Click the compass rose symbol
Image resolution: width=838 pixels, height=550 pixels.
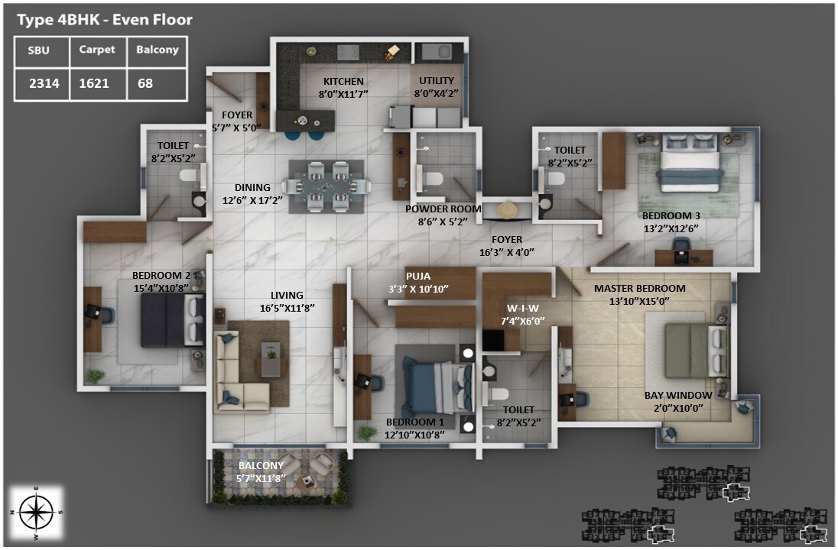pyautogui.click(x=36, y=510)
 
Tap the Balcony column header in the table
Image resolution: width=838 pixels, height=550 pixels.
pyautogui.click(x=157, y=50)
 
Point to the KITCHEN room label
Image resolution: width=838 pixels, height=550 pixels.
pyautogui.click(x=343, y=81)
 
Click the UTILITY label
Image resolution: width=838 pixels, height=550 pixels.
pyautogui.click(x=436, y=80)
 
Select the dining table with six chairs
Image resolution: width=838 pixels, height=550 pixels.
pyautogui.click(x=325, y=184)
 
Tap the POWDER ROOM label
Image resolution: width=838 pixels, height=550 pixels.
pyautogui.click(x=443, y=209)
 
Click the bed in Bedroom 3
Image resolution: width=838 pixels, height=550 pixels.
pyautogui.click(x=691, y=163)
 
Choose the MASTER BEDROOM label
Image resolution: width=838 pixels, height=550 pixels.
pyautogui.click(x=639, y=288)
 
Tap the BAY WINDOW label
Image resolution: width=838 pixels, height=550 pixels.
pyautogui.click(x=678, y=395)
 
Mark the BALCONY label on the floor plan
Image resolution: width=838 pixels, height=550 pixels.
pyautogui.click(x=261, y=465)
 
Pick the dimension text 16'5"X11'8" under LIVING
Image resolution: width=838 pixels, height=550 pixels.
pyautogui.click(x=287, y=307)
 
